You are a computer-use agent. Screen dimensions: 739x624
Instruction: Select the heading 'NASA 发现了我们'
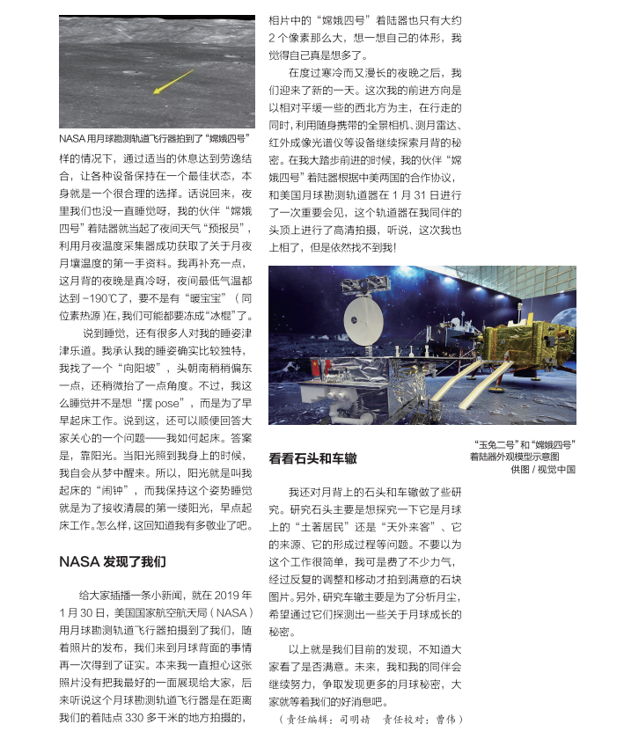[x=112, y=560]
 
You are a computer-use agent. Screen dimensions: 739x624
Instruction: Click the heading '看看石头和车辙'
[x=312, y=458]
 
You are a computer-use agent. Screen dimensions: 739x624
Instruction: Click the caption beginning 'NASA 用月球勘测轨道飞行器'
[x=153, y=139]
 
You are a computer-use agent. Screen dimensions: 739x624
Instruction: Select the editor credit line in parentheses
[x=370, y=719]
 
